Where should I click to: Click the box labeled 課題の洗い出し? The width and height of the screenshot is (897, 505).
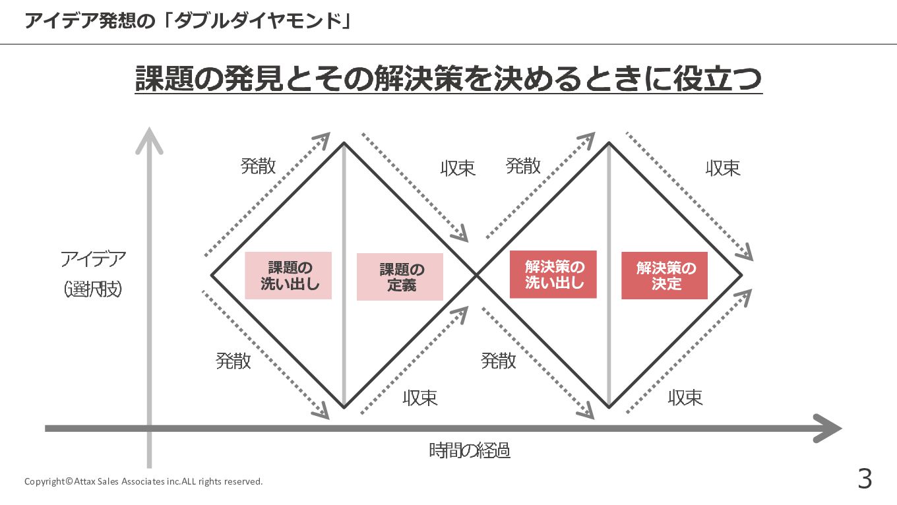tap(288, 276)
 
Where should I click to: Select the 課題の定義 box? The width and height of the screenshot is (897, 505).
tap(400, 277)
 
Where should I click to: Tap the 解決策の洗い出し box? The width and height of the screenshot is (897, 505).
tap(553, 274)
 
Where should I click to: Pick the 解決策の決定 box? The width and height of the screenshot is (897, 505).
tap(664, 276)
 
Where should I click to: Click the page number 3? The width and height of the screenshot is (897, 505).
tap(864, 479)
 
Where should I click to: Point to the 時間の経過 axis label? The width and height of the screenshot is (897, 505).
tap(470, 451)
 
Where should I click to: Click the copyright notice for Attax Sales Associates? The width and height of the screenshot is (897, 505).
tap(143, 481)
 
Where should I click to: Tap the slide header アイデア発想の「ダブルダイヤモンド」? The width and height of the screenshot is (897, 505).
tap(187, 21)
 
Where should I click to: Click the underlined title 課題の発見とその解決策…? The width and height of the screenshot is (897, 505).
tap(448, 79)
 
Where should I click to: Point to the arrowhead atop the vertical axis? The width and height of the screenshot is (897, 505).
tap(150, 140)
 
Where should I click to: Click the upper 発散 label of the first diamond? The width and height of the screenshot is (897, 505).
tap(258, 166)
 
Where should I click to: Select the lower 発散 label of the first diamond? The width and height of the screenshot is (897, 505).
tap(233, 361)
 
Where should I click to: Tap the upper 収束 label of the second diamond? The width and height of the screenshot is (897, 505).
tap(723, 168)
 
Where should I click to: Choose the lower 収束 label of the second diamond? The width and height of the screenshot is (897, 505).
tap(685, 398)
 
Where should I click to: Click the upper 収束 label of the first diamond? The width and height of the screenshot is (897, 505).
tap(458, 168)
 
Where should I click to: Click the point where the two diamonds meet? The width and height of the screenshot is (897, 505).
tap(476, 274)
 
